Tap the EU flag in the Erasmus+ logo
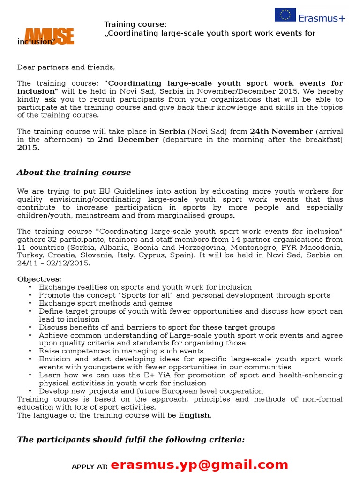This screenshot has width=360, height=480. tap(285, 15)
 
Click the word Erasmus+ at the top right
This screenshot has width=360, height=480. tap(322, 18)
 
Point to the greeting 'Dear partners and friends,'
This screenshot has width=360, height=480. tap(66, 67)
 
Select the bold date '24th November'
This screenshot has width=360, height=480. tap(281, 132)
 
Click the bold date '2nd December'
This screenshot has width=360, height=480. tap(128, 140)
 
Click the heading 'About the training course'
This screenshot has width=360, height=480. tap(74, 172)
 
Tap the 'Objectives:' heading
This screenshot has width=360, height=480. tap(39, 279)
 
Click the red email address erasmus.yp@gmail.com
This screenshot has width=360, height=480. tap(200, 465)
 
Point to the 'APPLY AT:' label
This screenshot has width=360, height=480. tap(90, 466)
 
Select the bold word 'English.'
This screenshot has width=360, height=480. tap(195, 415)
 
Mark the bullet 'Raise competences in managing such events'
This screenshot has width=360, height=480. tap(121, 351)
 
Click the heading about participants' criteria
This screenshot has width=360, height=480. tap(131, 440)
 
